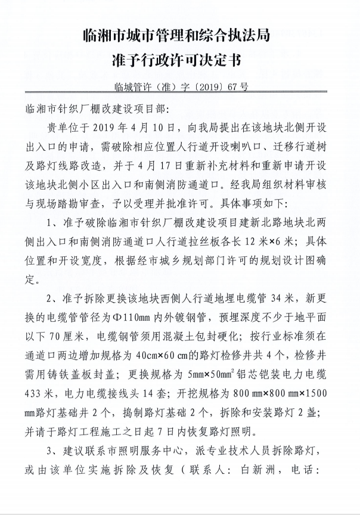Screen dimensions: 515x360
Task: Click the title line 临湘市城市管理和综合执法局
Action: pos(180,36)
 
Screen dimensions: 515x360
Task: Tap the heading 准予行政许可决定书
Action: pos(180,62)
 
